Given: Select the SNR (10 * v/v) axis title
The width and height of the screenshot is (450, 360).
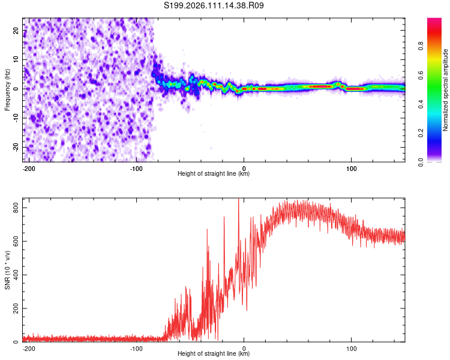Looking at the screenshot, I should (x=7, y=271).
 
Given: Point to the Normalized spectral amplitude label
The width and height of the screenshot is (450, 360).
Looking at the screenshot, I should (x=445, y=90).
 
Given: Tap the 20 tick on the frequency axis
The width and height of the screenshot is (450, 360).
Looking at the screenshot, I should (x=16, y=32).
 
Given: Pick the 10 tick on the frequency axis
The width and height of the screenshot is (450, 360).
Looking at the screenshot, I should (x=16, y=61).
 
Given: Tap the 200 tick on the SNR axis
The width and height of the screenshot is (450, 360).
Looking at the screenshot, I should (x=13, y=308).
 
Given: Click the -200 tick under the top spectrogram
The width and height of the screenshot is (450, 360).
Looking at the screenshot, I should (x=29, y=167).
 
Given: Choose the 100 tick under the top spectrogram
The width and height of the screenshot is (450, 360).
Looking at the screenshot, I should (x=351, y=167).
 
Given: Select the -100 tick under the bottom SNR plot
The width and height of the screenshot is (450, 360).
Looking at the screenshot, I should (x=136, y=347).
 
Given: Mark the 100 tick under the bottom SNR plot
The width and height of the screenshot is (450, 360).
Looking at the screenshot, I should (x=351, y=347).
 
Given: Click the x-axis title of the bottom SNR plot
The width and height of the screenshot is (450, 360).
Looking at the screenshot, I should (x=214, y=354).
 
